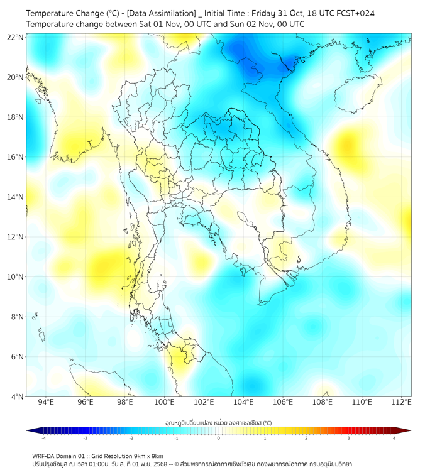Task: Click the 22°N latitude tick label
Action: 15,37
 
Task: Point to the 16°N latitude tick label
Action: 15,157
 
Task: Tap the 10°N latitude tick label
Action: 15,277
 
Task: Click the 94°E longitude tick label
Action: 46,402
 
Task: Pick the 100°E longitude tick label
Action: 164,402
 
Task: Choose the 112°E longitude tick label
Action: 401,402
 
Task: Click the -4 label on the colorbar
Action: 43,438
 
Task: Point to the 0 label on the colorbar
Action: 219,438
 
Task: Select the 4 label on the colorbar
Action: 394,438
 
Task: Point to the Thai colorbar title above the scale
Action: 218,423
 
